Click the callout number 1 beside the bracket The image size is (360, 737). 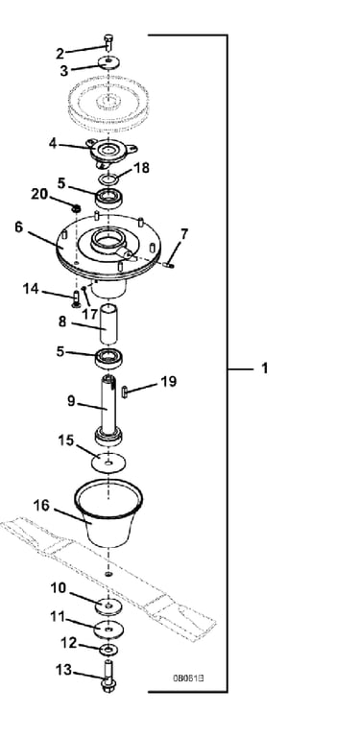[265, 368]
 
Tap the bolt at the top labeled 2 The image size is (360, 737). [108, 43]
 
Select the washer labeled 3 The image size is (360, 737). [108, 62]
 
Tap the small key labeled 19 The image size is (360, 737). [125, 392]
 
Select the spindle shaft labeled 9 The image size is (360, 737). [108, 410]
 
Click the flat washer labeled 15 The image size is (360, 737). [108, 462]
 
